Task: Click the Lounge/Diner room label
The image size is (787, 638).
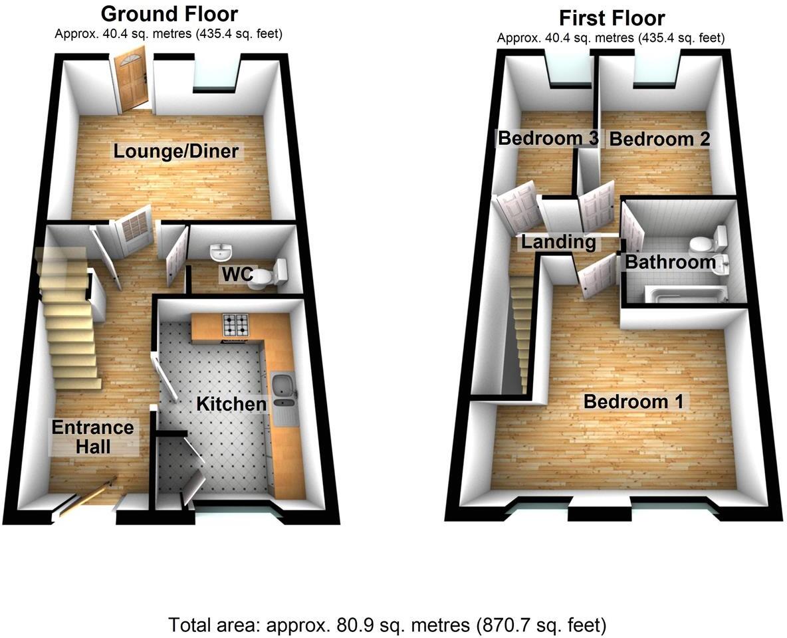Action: [x=175, y=151]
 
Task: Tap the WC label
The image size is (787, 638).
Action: [x=236, y=274]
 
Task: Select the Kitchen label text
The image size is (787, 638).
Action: [x=231, y=403]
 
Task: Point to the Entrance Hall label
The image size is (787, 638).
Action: [x=93, y=437]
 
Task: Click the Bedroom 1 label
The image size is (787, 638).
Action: [x=633, y=401]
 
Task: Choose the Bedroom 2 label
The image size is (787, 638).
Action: [x=659, y=140]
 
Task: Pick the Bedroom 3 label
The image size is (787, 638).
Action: [x=548, y=139]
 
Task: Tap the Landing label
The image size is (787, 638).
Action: [x=558, y=242]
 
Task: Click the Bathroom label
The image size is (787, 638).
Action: [x=670, y=262]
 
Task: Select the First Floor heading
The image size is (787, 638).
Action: [x=612, y=17]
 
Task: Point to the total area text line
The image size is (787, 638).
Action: [x=387, y=625]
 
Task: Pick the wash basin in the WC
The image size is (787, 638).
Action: [x=220, y=252]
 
